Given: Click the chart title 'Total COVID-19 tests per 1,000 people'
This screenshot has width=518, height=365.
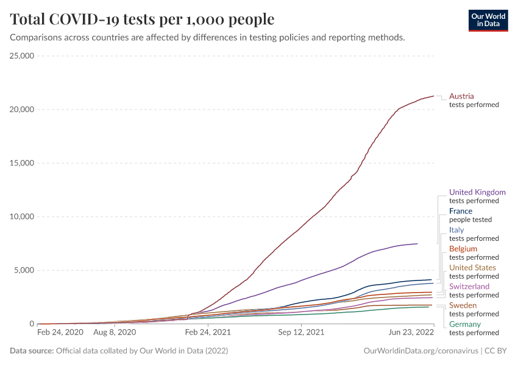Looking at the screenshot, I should pyautogui.click(x=142, y=19).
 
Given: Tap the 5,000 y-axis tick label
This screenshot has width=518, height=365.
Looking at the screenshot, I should pyautogui.click(x=23, y=270).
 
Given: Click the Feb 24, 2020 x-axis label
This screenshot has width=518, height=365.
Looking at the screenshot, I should pyautogui.click(x=60, y=333).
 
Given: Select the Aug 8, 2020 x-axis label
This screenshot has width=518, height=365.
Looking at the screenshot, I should pyautogui.click(x=115, y=333).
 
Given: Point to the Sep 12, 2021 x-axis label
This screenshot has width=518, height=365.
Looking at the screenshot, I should pyautogui.click(x=301, y=333).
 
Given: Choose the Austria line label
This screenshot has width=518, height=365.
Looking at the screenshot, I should pyautogui.click(x=461, y=96).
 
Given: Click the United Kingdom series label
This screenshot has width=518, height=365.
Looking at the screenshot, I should pyautogui.click(x=477, y=192).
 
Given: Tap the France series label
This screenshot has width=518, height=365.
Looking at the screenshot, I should pyautogui.click(x=461, y=211).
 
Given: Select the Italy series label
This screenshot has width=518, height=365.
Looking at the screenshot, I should pyautogui.click(x=456, y=230).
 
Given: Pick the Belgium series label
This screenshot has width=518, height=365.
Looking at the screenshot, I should pyautogui.click(x=463, y=249).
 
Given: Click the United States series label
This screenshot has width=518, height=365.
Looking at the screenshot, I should pyautogui.click(x=472, y=268).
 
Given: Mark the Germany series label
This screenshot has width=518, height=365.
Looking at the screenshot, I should pyautogui.click(x=465, y=324).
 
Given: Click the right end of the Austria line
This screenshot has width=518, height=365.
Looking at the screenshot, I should pyautogui.click(x=433, y=96).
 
